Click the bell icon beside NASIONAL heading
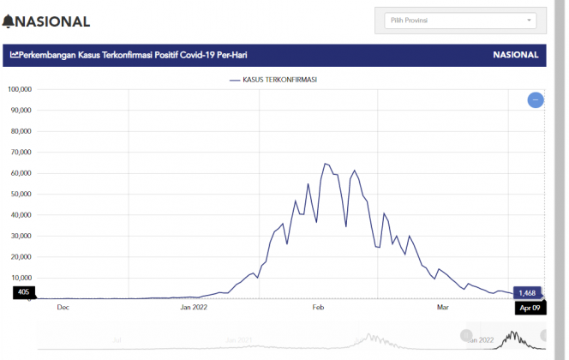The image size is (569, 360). [9, 21]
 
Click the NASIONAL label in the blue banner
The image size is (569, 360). [515, 55]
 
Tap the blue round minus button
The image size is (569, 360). [536, 100]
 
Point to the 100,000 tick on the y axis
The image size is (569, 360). [19, 89]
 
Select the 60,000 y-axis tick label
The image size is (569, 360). [20, 173]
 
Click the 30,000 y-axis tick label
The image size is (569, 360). [20, 236]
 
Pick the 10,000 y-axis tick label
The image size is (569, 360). [20, 278]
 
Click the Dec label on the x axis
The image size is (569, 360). [63, 306]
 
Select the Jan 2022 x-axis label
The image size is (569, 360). [194, 306]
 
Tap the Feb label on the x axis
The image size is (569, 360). [317, 306]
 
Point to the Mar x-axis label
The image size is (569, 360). [443, 306]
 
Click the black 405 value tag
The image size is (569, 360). [23, 292]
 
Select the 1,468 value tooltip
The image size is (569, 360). [526, 292]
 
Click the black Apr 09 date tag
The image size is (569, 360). [530, 308]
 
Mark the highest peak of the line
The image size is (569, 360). [325, 164]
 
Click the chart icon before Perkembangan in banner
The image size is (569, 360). [15, 55]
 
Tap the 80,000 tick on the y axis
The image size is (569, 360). [20, 131]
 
